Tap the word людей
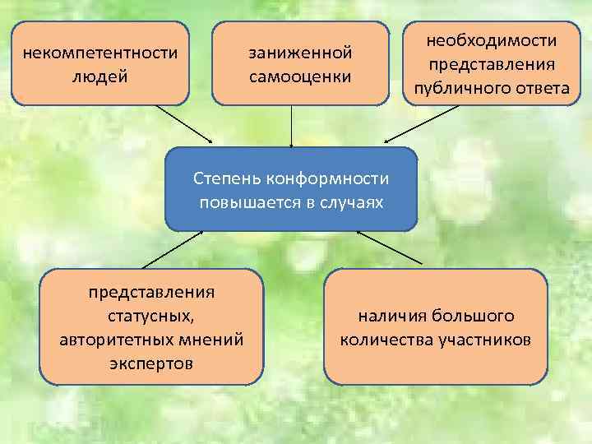click(x=100, y=77)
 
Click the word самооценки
click(x=300, y=77)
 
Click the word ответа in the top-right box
click(x=543, y=88)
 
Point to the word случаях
click(x=354, y=201)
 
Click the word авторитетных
click(x=113, y=339)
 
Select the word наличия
click(x=389, y=315)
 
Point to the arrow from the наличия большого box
click(x=390, y=247)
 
